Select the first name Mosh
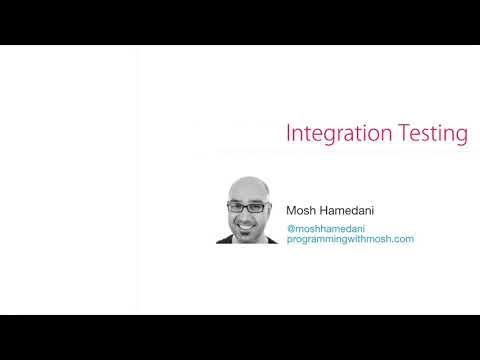point(304,211)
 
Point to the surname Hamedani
point(358,211)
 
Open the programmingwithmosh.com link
point(350,239)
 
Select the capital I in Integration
point(289,133)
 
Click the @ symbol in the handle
point(290,229)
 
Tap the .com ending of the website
point(403,239)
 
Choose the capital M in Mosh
point(292,211)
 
